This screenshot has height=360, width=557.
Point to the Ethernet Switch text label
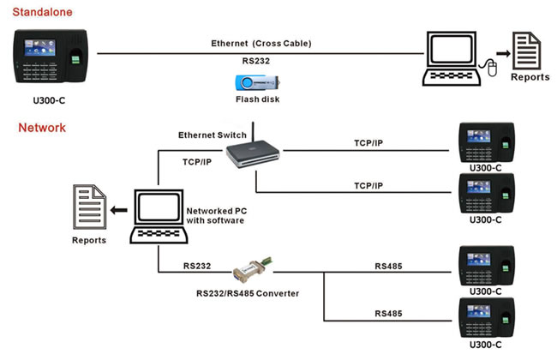[213, 135]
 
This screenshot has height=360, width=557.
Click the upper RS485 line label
[389, 267]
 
